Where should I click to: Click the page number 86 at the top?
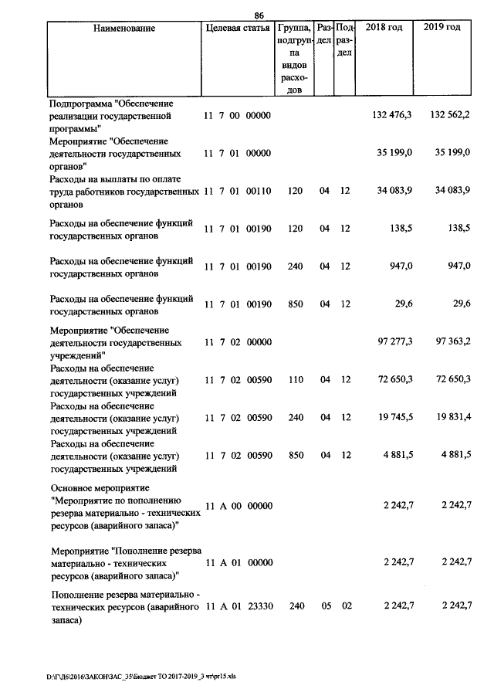pyautogui.click(x=259, y=15)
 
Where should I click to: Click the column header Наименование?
pyautogui.click(x=123, y=29)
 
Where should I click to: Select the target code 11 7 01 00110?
pyautogui.click(x=237, y=192)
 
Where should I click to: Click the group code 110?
pyautogui.click(x=297, y=379)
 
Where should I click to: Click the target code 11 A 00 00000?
pyautogui.click(x=239, y=506)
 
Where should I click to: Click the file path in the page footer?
pyautogui.click(x=141, y=677)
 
